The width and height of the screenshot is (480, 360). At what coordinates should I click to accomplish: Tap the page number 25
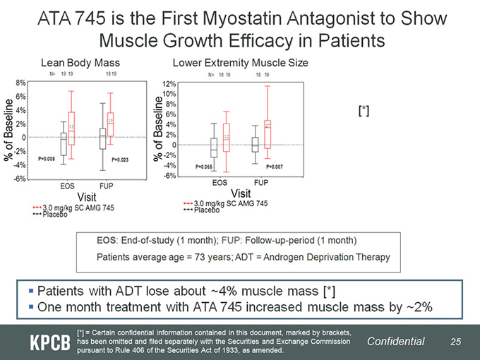(456, 342)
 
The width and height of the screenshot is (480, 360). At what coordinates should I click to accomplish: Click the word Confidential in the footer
(396, 342)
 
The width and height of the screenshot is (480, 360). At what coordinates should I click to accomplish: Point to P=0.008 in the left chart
(47, 160)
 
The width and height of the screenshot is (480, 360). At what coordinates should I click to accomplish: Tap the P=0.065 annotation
(204, 167)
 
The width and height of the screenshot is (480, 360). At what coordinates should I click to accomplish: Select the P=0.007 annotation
(275, 167)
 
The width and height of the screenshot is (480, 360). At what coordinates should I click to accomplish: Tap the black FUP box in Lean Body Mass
(102, 133)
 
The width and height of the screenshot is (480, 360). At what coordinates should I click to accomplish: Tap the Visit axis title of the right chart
(240, 192)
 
